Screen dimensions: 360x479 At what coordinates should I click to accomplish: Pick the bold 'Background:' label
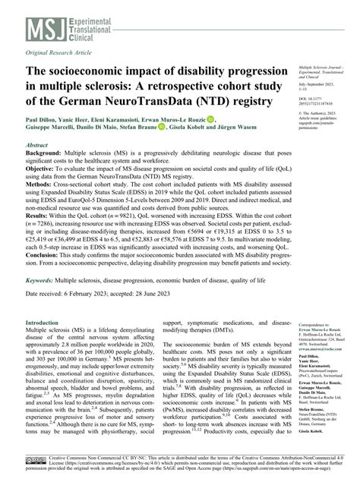[48, 153]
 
